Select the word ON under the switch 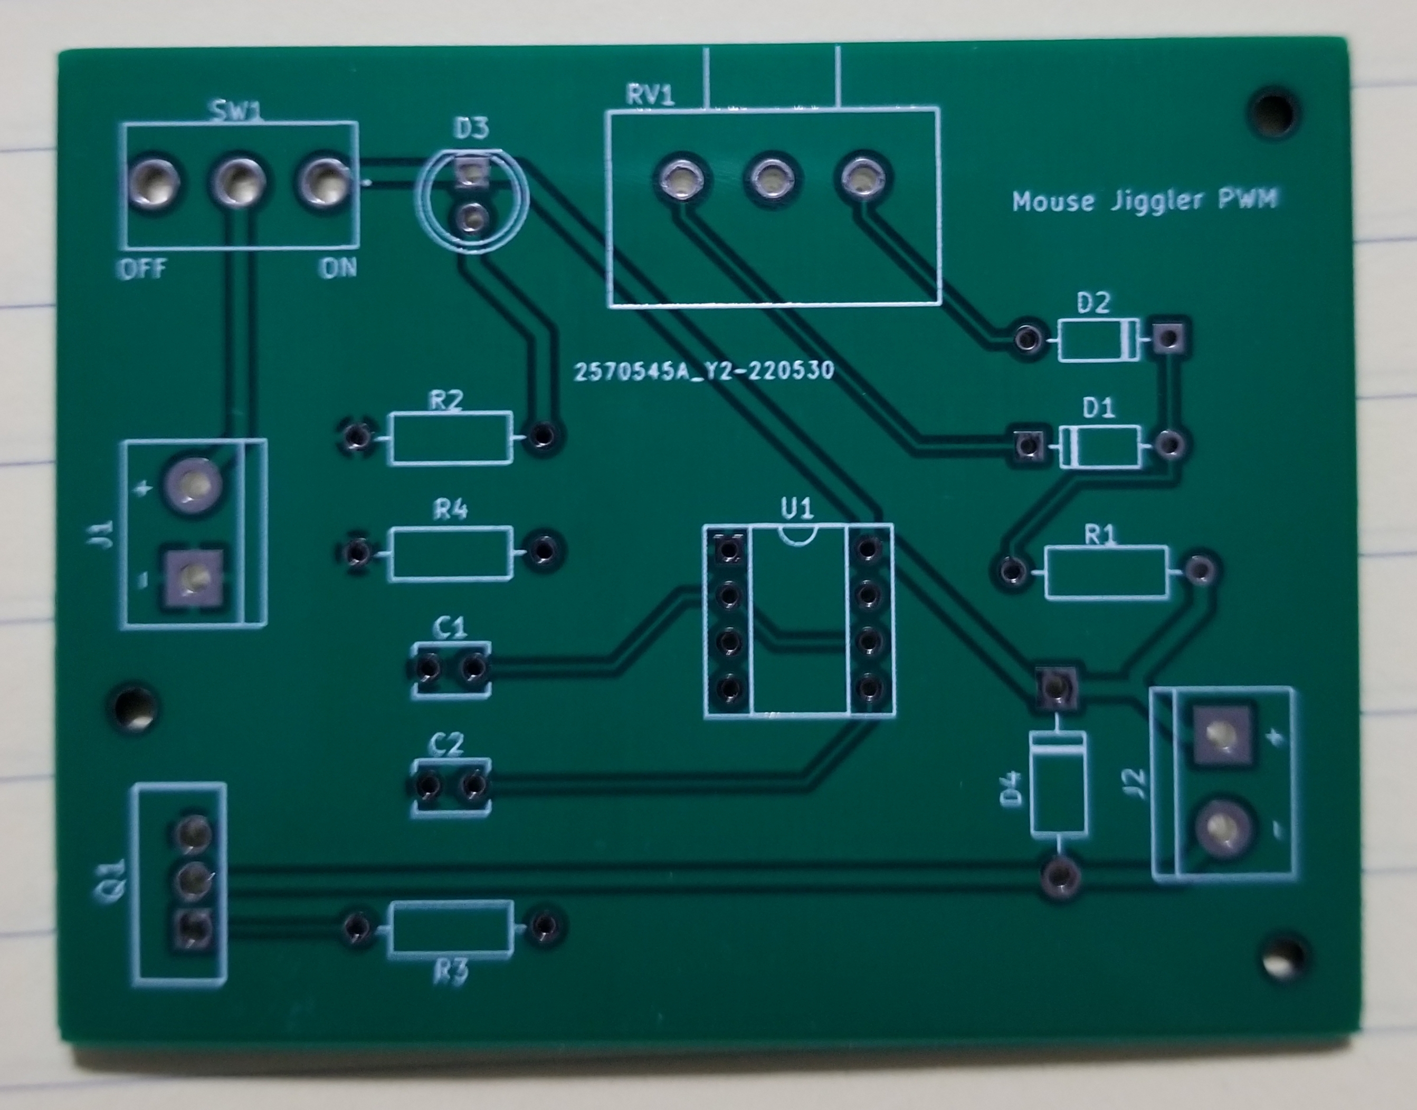tap(338, 268)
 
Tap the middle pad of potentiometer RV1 tap(773, 177)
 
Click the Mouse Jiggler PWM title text tap(1145, 200)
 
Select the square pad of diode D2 tap(1168, 338)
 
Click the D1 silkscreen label tap(1098, 408)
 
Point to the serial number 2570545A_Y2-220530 tap(703, 370)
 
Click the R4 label tap(451, 510)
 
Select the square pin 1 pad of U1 tap(728, 550)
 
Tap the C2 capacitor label tap(448, 744)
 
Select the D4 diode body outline tap(1058, 783)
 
